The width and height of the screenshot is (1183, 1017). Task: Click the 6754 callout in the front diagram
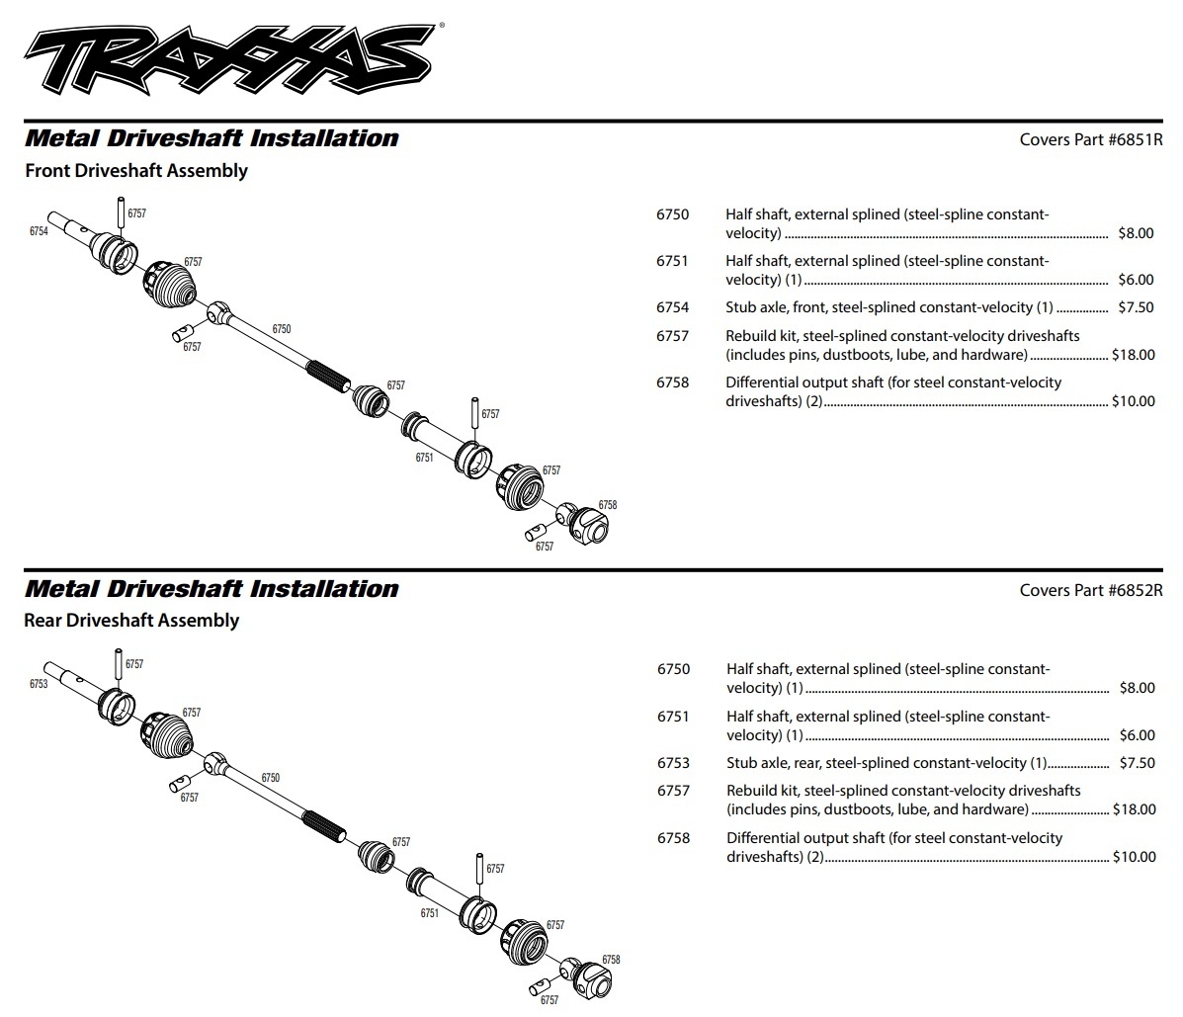tap(39, 230)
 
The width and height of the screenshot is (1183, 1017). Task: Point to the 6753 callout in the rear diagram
tap(39, 684)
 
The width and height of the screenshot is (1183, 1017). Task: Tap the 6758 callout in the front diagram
tap(607, 505)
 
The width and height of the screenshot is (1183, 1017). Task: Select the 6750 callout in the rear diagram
tap(271, 778)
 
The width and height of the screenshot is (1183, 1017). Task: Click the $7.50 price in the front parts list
tap(1136, 307)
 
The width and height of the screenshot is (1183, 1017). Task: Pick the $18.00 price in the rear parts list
tap(1134, 809)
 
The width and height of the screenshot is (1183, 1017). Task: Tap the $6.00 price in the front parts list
tap(1136, 280)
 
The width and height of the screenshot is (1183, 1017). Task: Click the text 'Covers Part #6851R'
tap(1091, 139)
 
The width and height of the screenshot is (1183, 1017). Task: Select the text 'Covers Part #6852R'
tap(1091, 590)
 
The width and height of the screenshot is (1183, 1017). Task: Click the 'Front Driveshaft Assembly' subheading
tap(136, 170)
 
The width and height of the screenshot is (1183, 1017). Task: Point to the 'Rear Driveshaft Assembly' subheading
tap(131, 620)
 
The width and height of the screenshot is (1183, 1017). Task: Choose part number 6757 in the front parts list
tap(672, 336)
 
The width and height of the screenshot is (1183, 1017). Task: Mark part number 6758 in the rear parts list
tap(673, 838)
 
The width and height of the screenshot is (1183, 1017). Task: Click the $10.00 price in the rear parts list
tap(1134, 857)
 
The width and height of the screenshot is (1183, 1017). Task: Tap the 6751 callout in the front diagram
tap(424, 458)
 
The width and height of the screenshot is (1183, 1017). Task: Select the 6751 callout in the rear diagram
tap(429, 913)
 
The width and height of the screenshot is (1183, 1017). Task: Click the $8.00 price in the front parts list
tap(1136, 233)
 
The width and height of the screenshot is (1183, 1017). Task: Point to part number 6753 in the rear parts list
tap(673, 763)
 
